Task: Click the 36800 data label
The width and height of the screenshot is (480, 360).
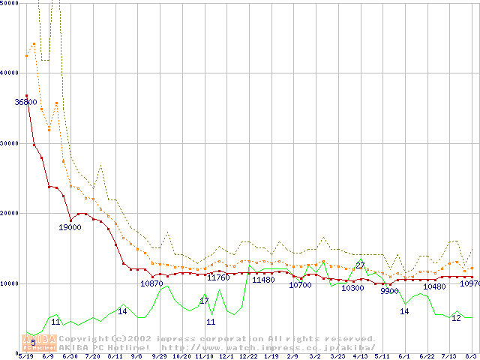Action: tap(25, 102)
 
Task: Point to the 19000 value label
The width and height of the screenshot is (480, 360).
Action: tap(70, 227)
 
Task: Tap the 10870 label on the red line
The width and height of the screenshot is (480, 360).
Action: tap(151, 283)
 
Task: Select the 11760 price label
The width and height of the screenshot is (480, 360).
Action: tap(218, 277)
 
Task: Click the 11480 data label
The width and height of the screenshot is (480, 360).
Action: tap(263, 280)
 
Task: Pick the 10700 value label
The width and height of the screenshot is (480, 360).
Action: tap(300, 285)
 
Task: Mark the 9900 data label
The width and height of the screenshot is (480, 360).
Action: tap(389, 291)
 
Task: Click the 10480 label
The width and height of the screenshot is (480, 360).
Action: tap(434, 286)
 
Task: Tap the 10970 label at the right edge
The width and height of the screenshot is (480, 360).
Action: tap(469, 283)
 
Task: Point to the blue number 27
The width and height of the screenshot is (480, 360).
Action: tap(360, 265)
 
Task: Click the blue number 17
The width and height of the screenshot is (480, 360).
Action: tap(204, 301)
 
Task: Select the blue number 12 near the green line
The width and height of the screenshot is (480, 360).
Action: tap(456, 318)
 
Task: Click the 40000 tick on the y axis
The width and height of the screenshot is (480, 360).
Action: tap(9, 73)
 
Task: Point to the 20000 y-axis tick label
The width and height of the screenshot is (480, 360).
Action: tap(9, 213)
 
